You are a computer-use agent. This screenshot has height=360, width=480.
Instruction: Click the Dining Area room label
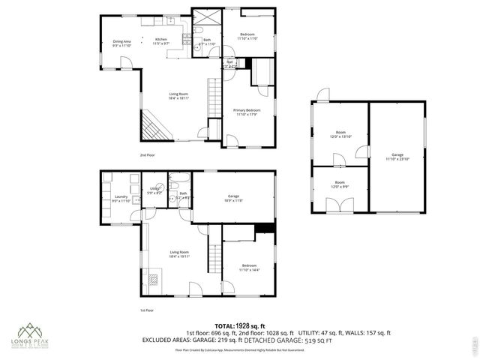pyautogui.click(x=121, y=43)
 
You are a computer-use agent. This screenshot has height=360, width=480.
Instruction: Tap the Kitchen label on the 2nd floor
pyautogui.click(x=161, y=42)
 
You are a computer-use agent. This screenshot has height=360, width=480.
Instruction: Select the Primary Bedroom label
pyautogui.click(x=247, y=112)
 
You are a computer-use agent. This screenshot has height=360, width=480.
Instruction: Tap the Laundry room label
pyautogui.click(x=121, y=199)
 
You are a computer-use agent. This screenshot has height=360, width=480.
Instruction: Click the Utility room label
pyautogui.click(x=154, y=190)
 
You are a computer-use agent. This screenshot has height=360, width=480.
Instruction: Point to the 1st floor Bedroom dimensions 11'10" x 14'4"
pyautogui.click(x=248, y=270)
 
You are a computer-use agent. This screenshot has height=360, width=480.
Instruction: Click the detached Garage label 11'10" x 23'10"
pyautogui.click(x=397, y=157)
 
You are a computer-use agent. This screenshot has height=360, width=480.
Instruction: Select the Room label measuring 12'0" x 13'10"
pyautogui.click(x=340, y=135)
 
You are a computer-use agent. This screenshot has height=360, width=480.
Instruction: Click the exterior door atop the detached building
pyautogui.click(x=322, y=95)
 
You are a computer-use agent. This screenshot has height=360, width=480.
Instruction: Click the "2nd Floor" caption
pyautogui.click(x=146, y=154)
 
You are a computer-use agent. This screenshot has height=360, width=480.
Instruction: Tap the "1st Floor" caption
pyautogui.click(x=146, y=310)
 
